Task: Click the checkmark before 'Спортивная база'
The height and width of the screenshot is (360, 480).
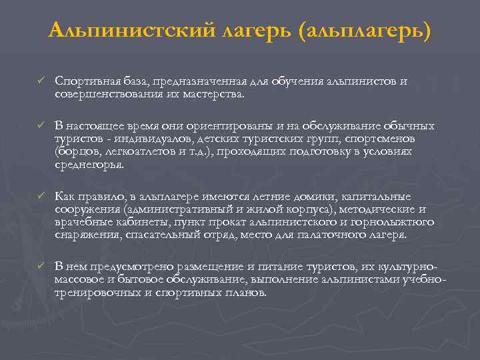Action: click(40, 81)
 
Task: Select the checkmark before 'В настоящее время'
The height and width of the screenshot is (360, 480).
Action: click(40, 126)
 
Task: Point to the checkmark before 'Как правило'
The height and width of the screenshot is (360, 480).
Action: click(40, 197)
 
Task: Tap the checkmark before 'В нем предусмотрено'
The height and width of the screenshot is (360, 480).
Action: click(40, 265)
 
